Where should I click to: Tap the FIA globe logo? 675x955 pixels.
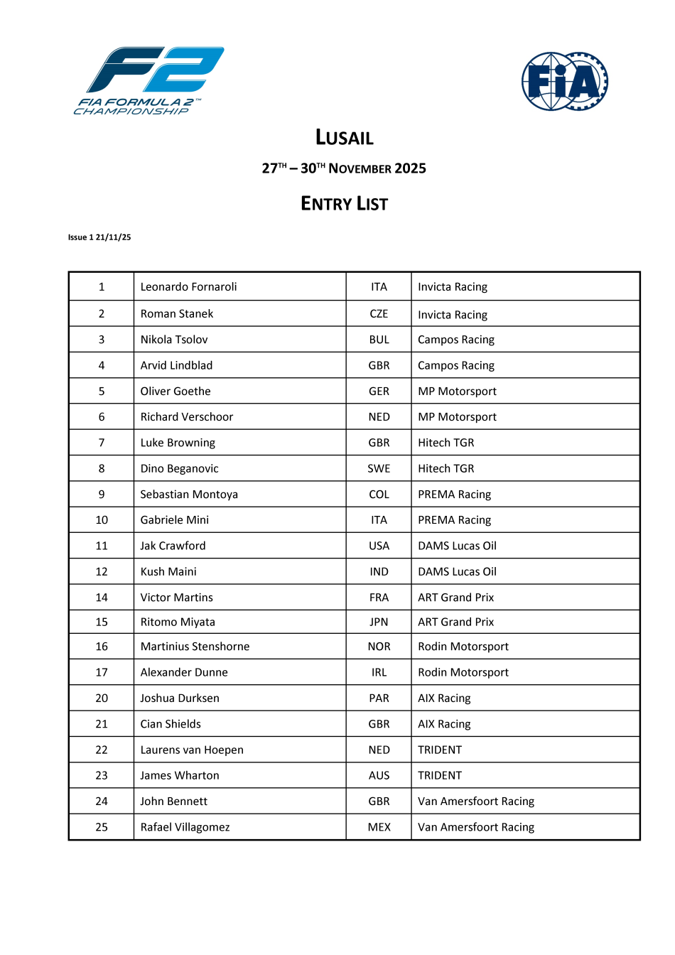pyautogui.click(x=565, y=81)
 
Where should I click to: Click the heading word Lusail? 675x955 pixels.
pyautogui.click(x=345, y=137)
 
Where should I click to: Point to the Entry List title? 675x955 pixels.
pyautogui.click(x=345, y=204)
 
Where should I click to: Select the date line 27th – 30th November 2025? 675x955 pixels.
pyautogui.click(x=344, y=168)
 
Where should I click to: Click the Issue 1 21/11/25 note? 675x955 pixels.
pyautogui.click(x=99, y=237)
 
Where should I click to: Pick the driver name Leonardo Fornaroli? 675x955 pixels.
pyautogui.click(x=188, y=287)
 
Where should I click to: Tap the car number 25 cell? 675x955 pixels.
pyautogui.click(x=102, y=827)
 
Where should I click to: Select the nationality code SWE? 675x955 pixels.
pyautogui.click(x=379, y=469)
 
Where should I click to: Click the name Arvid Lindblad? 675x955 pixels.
pyautogui.click(x=176, y=365)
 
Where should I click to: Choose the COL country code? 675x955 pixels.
pyautogui.click(x=379, y=495)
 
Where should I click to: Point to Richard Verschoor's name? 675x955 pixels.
pyautogui.click(x=187, y=417)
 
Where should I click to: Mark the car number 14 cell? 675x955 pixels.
pyautogui.click(x=102, y=598)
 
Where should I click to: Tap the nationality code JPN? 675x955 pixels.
pyautogui.click(x=379, y=622)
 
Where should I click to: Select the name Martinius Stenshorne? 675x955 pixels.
pyautogui.click(x=195, y=647)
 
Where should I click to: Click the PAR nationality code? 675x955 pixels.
pyautogui.click(x=379, y=698)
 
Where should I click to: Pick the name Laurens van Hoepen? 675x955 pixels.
pyautogui.click(x=192, y=750)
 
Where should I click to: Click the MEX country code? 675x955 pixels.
pyautogui.click(x=379, y=827)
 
